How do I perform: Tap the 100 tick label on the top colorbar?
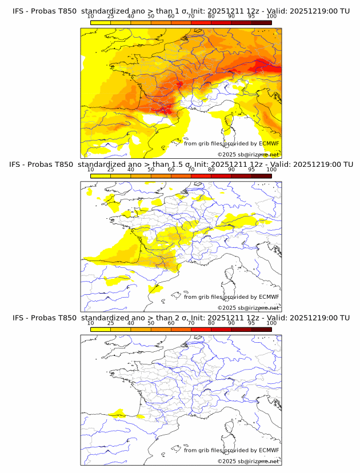click(271, 16)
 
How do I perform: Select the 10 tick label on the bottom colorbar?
click(91, 323)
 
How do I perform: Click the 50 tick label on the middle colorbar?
click(151, 170)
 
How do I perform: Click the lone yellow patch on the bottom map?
click(118, 412)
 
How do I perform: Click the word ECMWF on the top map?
click(269, 144)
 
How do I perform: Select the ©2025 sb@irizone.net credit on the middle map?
click(249, 308)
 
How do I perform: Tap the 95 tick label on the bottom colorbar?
click(251, 323)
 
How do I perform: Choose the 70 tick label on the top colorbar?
click(191, 16)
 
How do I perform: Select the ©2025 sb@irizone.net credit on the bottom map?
click(249, 461)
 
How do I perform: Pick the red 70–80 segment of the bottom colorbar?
click(201, 329)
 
